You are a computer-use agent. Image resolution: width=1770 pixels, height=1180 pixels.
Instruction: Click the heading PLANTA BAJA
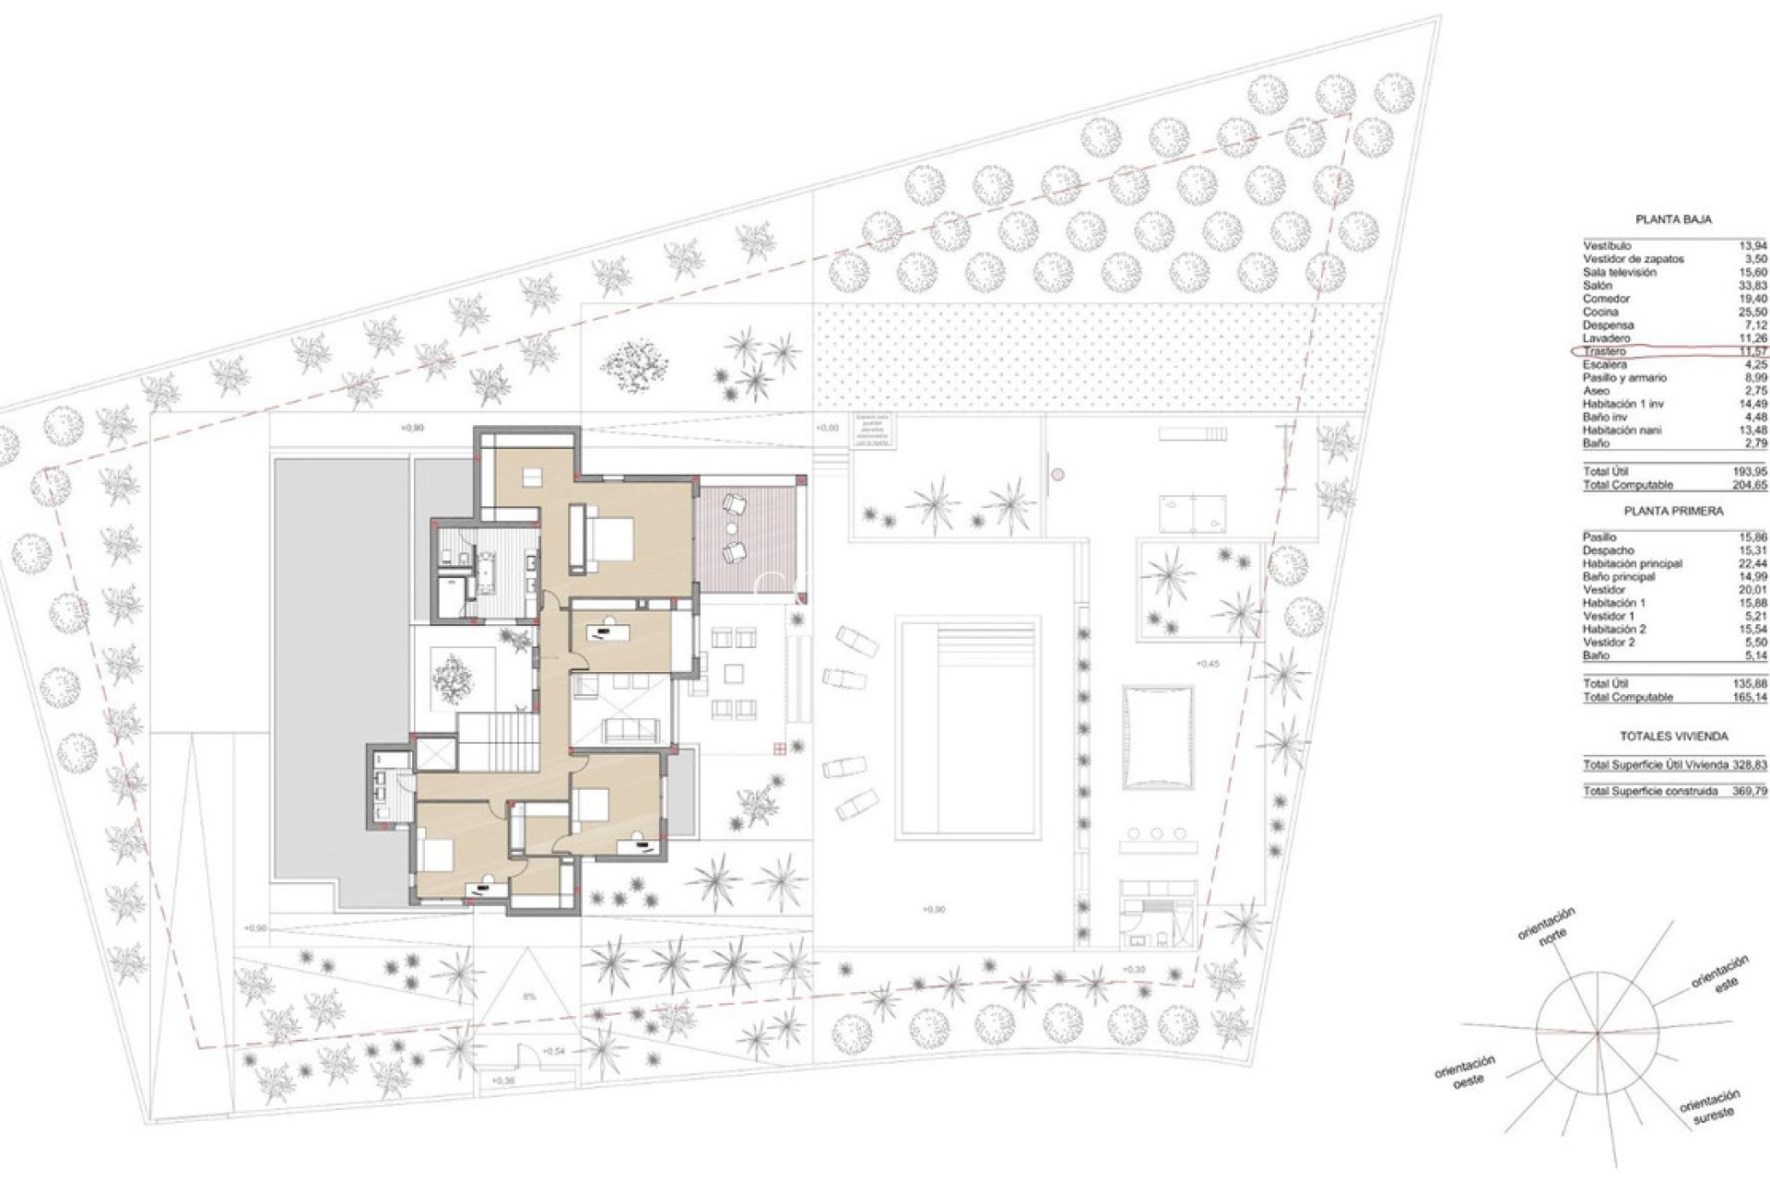point(1673,220)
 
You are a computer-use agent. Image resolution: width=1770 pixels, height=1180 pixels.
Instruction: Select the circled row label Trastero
point(1604,352)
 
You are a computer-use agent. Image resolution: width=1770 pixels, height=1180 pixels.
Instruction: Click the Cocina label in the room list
point(1600,313)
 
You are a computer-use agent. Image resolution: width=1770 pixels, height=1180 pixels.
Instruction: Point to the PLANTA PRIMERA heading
point(1673,511)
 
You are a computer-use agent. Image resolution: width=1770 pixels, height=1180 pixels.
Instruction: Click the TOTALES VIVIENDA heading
point(1673,737)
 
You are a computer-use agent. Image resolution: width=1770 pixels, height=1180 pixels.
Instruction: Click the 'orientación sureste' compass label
point(1708,1103)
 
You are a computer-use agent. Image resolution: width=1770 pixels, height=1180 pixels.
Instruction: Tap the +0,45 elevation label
point(1207,663)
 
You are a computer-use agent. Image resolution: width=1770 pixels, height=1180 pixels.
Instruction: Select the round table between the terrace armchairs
point(732,528)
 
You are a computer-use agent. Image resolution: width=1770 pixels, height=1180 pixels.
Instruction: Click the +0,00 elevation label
point(828,428)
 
